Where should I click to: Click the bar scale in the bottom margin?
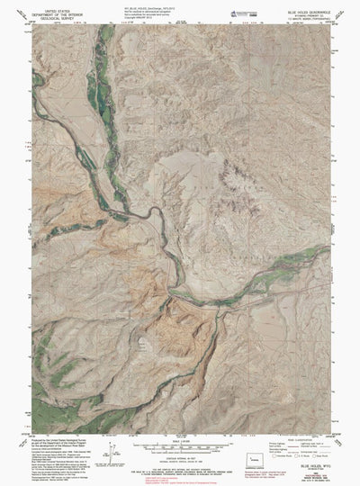click(x=179, y=445)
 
